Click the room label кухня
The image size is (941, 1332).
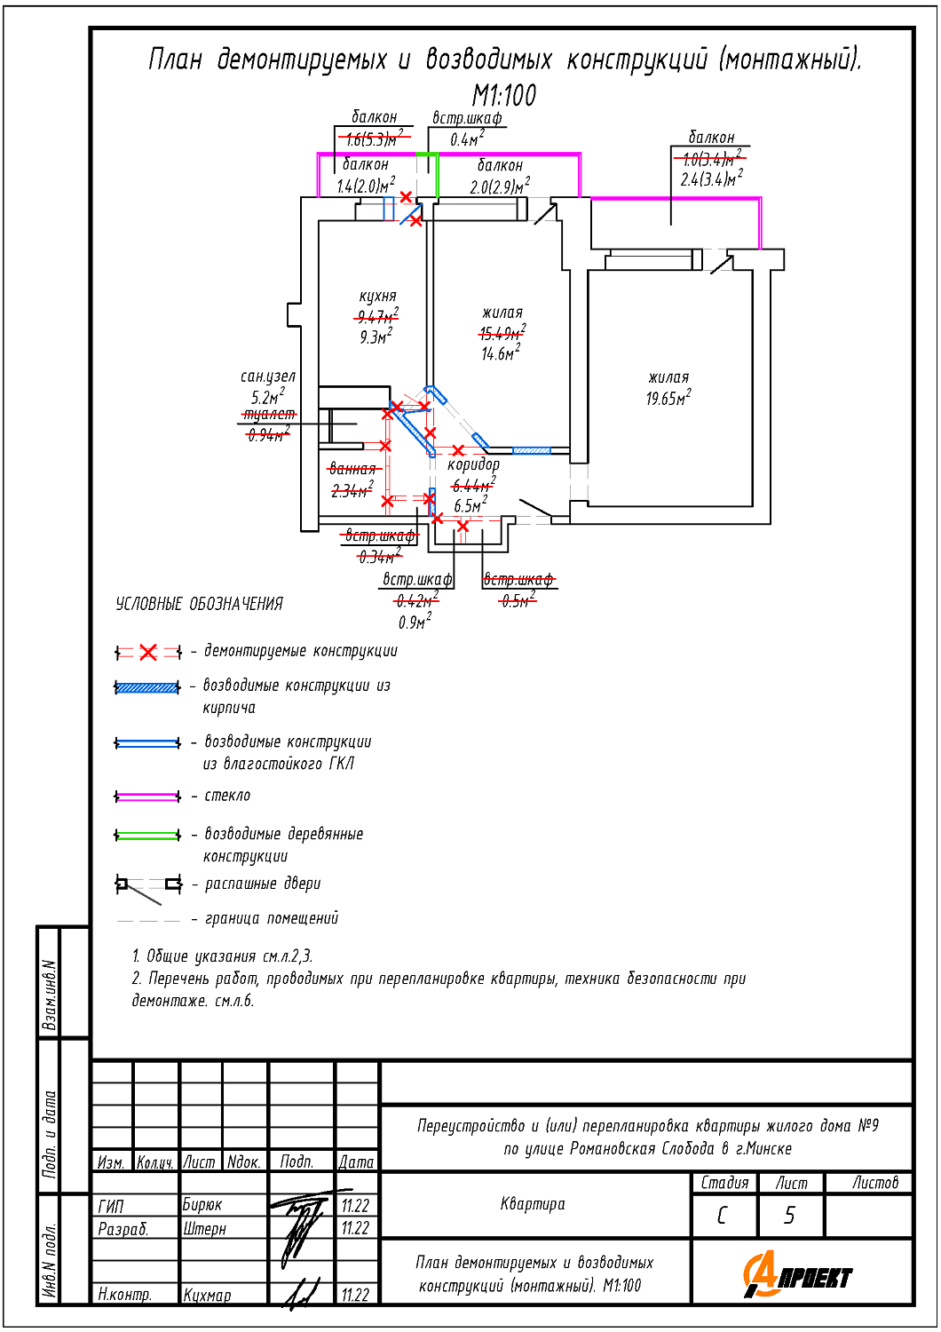[x=377, y=297]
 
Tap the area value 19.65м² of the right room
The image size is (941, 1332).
[x=668, y=399]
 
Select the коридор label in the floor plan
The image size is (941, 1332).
[x=473, y=464]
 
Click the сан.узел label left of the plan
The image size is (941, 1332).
[x=267, y=377]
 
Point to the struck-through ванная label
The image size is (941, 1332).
[x=352, y=469]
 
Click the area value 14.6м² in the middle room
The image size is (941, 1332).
[x=501, y=353]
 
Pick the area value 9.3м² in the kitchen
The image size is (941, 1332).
[x=376, y=337]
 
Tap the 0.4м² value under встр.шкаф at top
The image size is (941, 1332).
[x=467, y=139]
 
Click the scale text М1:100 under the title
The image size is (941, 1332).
[x=503, y=95]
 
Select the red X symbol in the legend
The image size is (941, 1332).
[x=148, y=653]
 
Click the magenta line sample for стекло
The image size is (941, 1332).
[x=148, y=797]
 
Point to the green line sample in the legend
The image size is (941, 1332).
[x=148, y=835]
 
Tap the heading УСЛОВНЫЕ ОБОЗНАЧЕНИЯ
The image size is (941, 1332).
[x=199, y=605]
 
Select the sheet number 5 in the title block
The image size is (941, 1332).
[x=789, y=1216]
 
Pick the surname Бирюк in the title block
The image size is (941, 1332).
[x=202, y=1205]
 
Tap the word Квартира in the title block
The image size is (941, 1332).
[x=533, y=1204]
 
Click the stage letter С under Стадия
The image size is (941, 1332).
[x=722, y=1216]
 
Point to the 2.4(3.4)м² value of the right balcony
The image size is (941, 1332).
[x=711, y=179]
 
